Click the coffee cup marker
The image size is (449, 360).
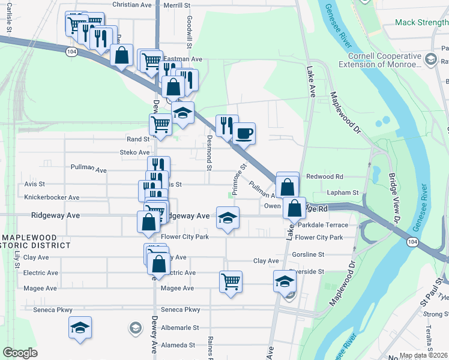(x=244, y=133)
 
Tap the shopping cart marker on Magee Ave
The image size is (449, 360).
(x=231, y=281)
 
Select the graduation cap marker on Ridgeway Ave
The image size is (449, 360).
(x=228, y=218)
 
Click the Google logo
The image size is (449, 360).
(x=20, y=353)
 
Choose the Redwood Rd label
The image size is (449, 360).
(x=325, y=177)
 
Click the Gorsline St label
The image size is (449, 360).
(x=308, y=254)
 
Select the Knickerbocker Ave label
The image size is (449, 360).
(x=52, y=197)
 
